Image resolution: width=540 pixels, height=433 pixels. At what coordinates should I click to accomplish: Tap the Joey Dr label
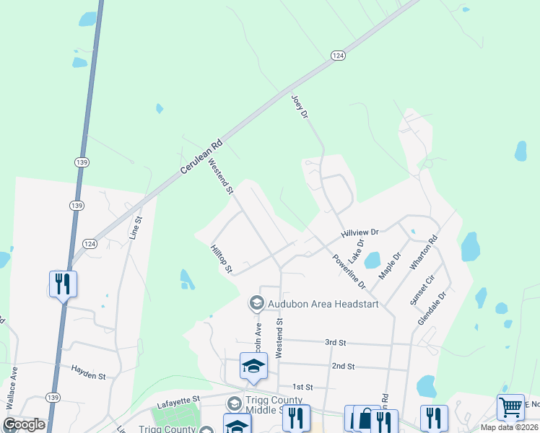pyautogui.click(x=299, y=107)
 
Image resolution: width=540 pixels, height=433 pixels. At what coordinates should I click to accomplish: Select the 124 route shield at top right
pyautogui.click(x=337, y=56)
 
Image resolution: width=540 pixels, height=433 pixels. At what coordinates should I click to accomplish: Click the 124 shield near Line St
pyautogui.click(x=88, y=243)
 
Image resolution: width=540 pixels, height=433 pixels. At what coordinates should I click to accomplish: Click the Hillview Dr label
pyautogui.click(x=360, y=233)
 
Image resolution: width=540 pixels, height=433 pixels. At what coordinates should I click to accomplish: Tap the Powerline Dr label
pyautogui.click(x=349, y=271)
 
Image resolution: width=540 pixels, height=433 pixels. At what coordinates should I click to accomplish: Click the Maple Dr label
pyautogui.click(x=391, y=265)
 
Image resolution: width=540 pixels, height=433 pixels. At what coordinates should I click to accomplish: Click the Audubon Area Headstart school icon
pyautogui.click(x=256, y=303)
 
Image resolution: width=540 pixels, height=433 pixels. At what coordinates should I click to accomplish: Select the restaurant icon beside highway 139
pyautogui.click(x=63, y=284)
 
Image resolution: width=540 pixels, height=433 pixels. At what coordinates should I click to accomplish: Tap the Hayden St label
pyautogui.click(x=88, y=372)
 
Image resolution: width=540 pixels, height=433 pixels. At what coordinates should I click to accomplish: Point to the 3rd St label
pyautogui.click(x=336, y=342)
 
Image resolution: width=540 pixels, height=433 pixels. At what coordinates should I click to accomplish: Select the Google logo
pyautogui.click(x=24, y=425)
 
